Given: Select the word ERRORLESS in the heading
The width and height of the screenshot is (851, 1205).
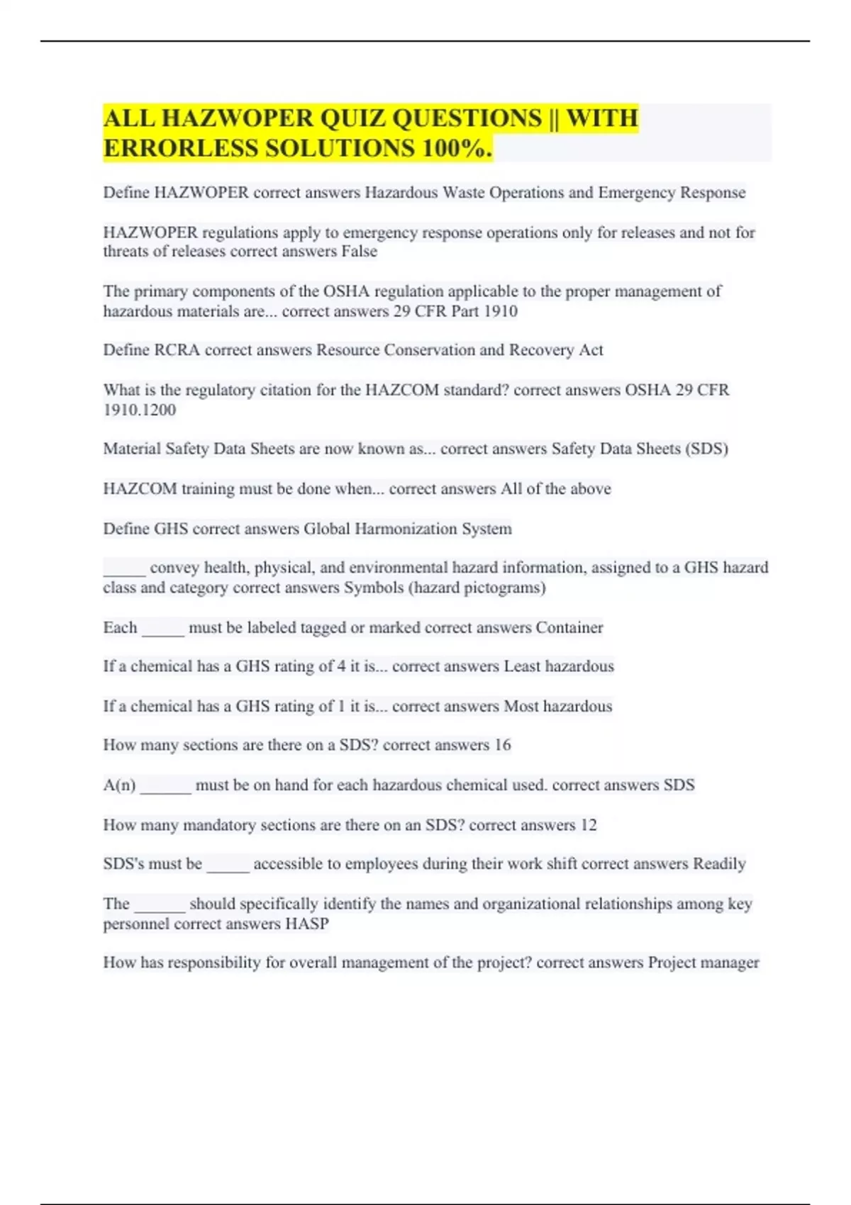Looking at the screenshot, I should tap(181, 148).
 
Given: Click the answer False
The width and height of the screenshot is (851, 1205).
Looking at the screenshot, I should tap(359, 252).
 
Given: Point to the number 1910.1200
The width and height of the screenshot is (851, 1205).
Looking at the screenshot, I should tap(139, 410).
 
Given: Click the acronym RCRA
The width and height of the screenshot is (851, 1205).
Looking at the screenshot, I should tap(177, 350).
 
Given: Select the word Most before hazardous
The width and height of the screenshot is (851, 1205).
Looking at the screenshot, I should tap(521, 706).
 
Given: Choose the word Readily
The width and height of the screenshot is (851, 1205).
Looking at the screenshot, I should tap(719, 864).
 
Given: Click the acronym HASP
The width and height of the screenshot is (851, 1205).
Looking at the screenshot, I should tap(307, 924).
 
